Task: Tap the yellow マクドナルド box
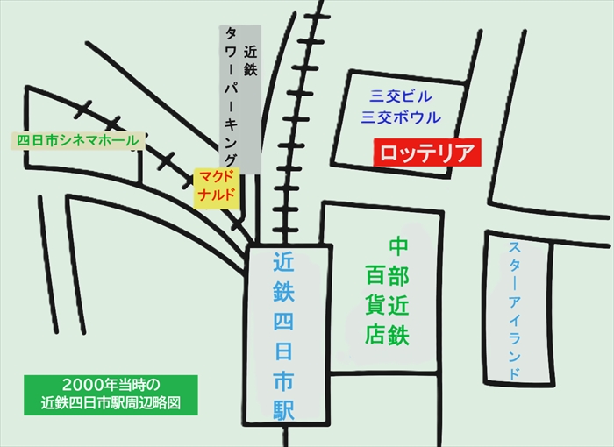(x=217, y=187)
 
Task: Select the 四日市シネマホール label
(x=78, y=140)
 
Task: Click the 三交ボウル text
(x=402, y=117)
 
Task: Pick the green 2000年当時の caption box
(x=111, y=394)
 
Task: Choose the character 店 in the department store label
(x=375, y=334)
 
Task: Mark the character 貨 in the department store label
(x=375, y=305)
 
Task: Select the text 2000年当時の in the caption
(x=111, y=386)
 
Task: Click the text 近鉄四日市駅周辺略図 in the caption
(x=111, y=404)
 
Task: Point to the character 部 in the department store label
(x=399, y=276)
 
